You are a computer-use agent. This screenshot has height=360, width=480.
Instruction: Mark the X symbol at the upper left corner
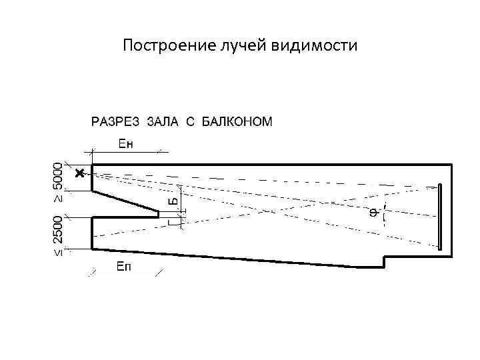80,173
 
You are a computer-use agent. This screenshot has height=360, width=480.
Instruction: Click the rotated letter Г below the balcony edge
173,221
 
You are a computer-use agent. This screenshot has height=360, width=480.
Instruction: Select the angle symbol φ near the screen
374,213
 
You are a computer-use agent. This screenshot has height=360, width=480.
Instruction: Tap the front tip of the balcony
159,214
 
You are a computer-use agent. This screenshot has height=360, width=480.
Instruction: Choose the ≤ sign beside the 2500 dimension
59,252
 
